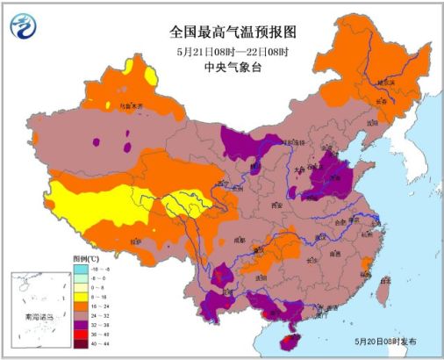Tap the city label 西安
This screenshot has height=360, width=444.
click(x=279, y=205)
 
